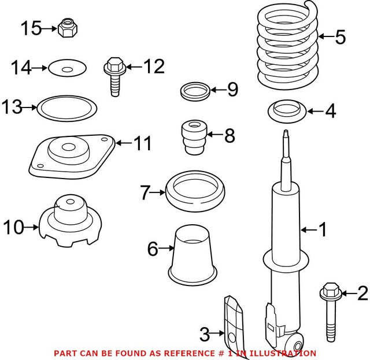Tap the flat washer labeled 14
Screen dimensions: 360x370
pyautogui.click(x=68, y=69)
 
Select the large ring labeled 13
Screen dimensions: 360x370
pyautogui.click(x=66, y=108)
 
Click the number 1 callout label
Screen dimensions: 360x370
pyautogui.click(x=323, y=231)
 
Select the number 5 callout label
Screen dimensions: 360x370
pyautogui.click(x=340, y=38)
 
